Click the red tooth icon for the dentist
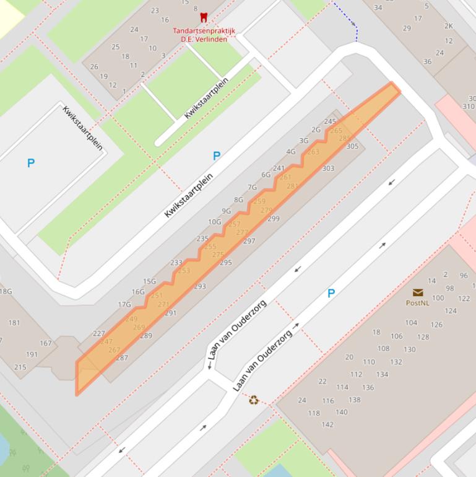[203, 18]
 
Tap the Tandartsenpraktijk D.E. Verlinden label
[199, 35]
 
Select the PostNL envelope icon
[418, 293]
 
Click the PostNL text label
[417, 303]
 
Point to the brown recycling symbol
[254, 400]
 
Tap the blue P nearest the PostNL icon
[331, 293]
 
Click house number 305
[352, 146]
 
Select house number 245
[330, 121]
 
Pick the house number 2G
[316, 130]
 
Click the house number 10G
[214, 222]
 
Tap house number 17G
[124, 304]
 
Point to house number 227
[99, 333]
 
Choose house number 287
[122, 357]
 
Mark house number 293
[200, 286]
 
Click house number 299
[274, 218]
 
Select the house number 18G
[6, 291]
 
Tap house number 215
[20, 367]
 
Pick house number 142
[327, 424]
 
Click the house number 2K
[449, 26]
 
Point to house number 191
[32, 355]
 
